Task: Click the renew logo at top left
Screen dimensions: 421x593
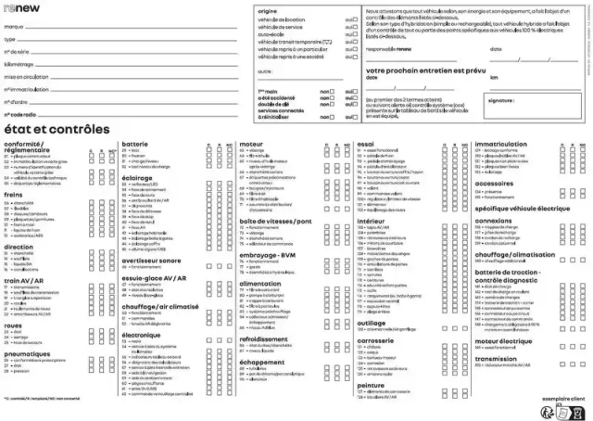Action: click(x=19, y=9)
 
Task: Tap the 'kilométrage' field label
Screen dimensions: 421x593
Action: click(x=19, y=64)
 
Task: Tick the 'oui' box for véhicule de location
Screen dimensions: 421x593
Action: click(x=355, y=19)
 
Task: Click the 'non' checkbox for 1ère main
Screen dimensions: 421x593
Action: click(x=332, y=92)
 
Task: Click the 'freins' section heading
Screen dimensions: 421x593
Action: click(x=15, y=196)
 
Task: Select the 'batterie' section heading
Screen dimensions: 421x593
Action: click(x=134, y=145)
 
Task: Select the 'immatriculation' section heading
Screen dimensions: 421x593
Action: click(x=501, y=145)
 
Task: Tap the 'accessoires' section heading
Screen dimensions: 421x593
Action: click(x=495, y=183)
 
